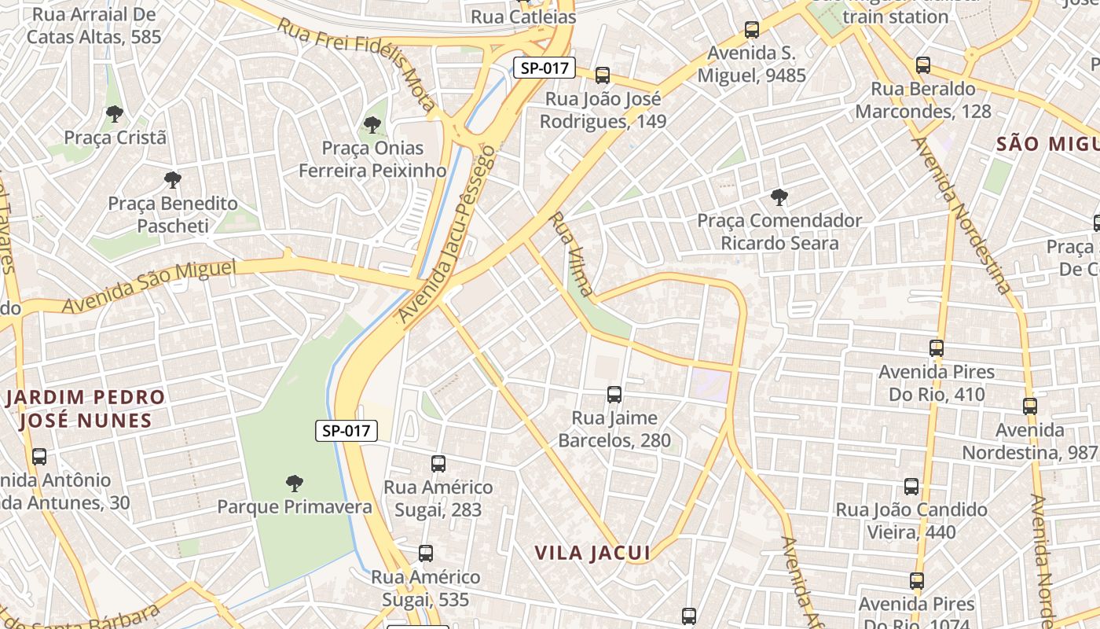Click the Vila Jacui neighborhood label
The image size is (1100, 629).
[592, 553]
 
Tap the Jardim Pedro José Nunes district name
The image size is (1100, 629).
[85, 408]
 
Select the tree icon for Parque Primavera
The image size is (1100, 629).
[295, 483]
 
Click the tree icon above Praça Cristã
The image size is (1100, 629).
[115, 113]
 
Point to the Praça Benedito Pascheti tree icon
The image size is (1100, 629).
[173, 180]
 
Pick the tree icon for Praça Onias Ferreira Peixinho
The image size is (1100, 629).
[372, 124]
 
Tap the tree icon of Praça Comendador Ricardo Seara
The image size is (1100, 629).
[779, 197]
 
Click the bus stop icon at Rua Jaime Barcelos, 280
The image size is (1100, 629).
[614, 394]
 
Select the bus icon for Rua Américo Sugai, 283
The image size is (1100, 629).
[438, 464]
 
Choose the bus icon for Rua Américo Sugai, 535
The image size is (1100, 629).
[426, 553]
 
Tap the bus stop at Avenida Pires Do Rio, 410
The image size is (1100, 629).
[937, 348]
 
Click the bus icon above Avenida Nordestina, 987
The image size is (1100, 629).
[1030, 406]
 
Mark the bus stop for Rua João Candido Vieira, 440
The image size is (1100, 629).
[911, 487]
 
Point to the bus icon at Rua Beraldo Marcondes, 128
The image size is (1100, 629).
[923, 65]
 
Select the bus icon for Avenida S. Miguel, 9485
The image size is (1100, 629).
[752, 30]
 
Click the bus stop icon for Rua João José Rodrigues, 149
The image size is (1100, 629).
[603, 75]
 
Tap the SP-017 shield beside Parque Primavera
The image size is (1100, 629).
[346, 430]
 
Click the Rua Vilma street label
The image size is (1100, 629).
[571, 253]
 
